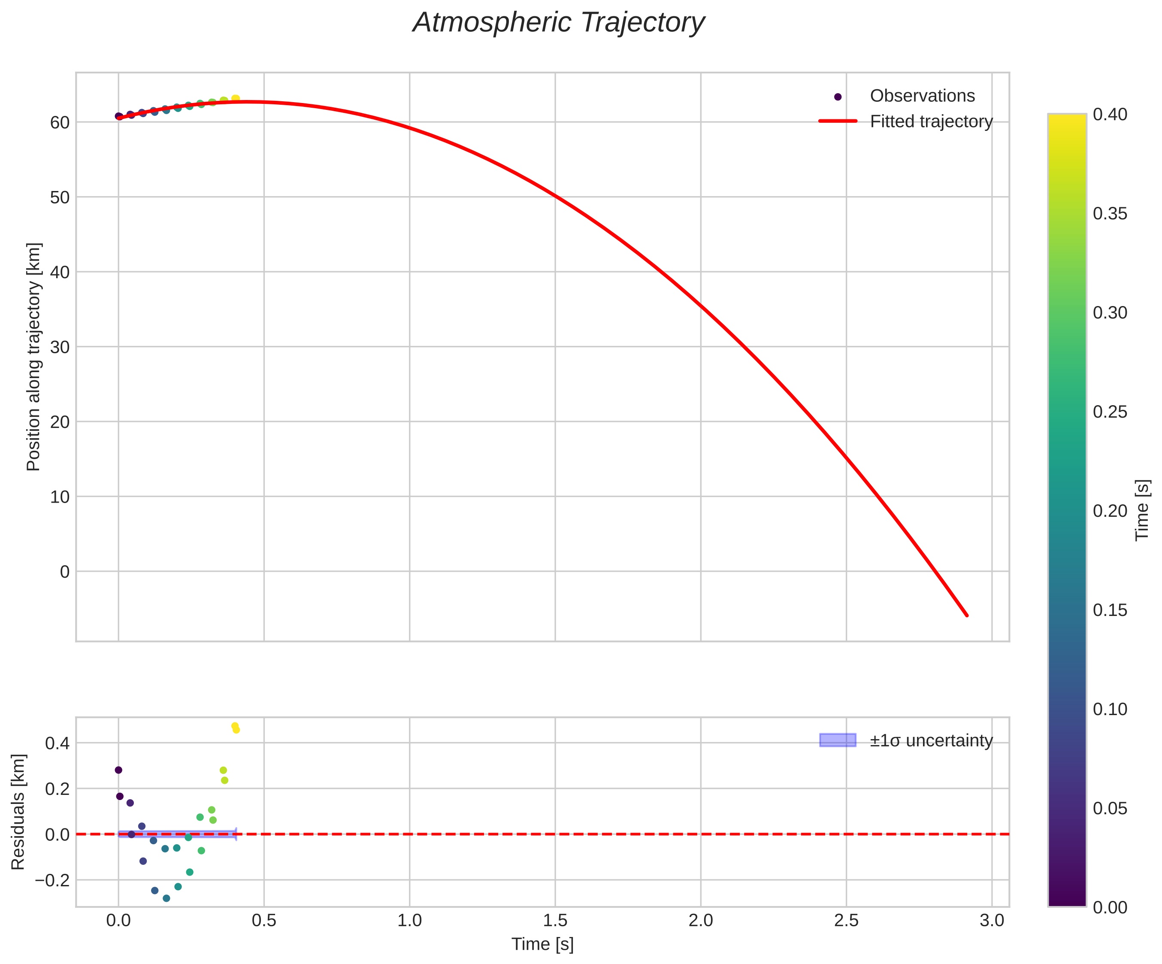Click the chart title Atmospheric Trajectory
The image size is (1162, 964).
click(x=558, y=23)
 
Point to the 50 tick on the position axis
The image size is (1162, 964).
click(x=60, y=197)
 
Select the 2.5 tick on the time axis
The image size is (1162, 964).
click(x=846, y=920)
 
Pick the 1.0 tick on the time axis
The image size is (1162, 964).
click(x=409, y=920)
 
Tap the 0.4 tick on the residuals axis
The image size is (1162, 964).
click(x=57, y=743)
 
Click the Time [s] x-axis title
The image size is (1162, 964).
click(x=542, y=944)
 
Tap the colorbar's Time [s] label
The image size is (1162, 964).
click(x=1142, y=509)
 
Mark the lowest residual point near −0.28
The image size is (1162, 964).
click(x=166, y=898)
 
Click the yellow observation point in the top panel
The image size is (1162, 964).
click(x=235, y=98)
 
